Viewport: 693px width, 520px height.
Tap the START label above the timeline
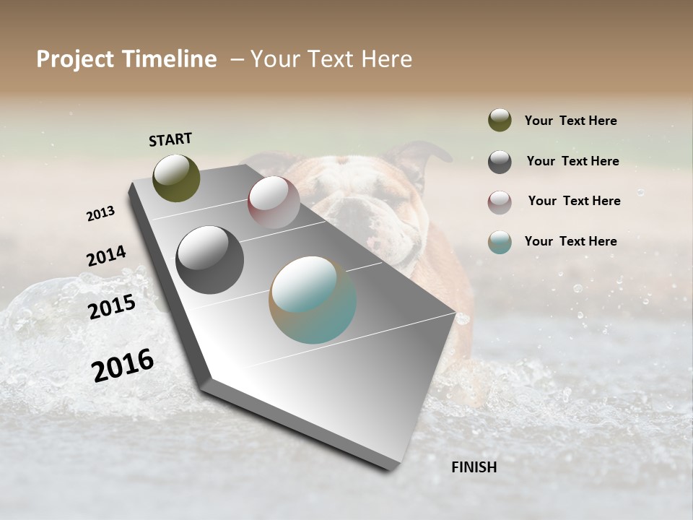pos(170,139)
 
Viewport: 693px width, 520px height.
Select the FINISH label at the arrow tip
pos(474,467)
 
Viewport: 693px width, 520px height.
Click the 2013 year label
pos(100,214)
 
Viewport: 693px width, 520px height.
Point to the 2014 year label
pos(106,256)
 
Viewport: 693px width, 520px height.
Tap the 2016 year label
pos(123,365)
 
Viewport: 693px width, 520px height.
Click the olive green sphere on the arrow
pos(176,178)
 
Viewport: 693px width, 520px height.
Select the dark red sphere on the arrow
pos(274,202)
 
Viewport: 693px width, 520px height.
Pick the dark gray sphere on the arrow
pos(209,260)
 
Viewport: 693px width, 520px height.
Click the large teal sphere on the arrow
pos(313,300)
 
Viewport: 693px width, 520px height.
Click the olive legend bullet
pos(500,120)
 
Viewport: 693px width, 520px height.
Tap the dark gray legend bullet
pos(500,161)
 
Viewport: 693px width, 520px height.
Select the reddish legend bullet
pos(500,201)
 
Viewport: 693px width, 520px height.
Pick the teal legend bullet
pos(500,242)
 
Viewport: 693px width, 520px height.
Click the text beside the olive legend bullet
pos(570,121)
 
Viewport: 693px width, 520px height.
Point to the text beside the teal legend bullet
pos(570,241)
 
